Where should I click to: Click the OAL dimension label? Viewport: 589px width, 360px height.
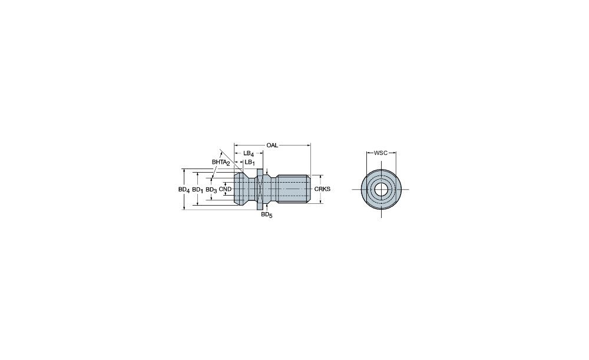272,145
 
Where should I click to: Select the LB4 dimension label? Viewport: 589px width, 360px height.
249,153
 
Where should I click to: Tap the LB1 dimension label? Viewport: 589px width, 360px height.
250,163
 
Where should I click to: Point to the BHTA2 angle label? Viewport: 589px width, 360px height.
220,163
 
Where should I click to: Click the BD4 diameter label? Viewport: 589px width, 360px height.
184,190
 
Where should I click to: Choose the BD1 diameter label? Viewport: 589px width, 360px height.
197,190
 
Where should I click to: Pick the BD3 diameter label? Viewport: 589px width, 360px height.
211,190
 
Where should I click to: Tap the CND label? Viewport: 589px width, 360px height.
225,189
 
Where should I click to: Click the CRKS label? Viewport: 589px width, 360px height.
322,189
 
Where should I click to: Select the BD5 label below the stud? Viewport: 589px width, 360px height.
267,215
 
